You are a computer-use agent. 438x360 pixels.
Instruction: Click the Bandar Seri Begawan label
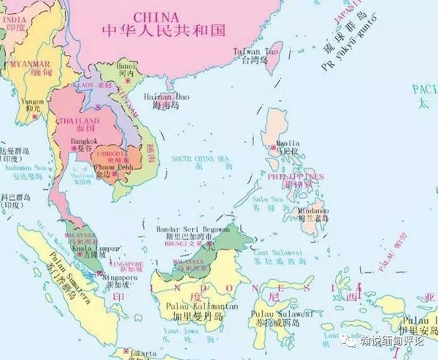(x=193, y=229)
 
